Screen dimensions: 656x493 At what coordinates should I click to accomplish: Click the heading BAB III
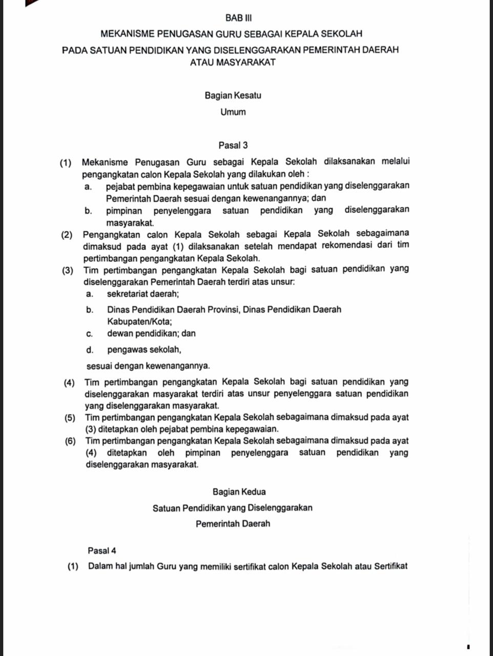pyautogui.click(x=239, y=18)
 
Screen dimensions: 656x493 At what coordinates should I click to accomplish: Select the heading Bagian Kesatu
pyautogui.click(x=233, y=95)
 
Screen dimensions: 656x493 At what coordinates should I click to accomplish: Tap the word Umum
pyautogui.click(x=233, y=112)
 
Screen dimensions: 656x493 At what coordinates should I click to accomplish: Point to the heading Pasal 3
pyautogui.click(x=233, y=146)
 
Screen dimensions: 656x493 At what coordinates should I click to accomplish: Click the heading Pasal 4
pyautogui.click(x=102, y=551)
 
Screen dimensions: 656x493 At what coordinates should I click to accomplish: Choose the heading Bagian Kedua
pyautogui.click(x=239, y=492)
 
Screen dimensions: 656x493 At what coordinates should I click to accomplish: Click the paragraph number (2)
pyautogui.click(x=67, y=235)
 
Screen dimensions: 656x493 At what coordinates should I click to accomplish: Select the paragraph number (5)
pyautogui.click(x=71, y=418)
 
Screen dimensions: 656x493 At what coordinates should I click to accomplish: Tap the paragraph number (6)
pyautogui.click(x=71, y=441)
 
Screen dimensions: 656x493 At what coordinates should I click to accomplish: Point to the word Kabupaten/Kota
pyautogui.click(x=139, y=322)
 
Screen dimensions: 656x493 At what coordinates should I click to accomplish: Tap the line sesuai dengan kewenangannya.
pyautogui.click(x=148, y=366)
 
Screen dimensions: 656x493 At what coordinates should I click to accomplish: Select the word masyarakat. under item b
pyautogui.click(x=130, y=223)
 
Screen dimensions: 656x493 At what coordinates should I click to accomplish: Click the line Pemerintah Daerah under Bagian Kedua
pyautogui.click(x=233, y=524)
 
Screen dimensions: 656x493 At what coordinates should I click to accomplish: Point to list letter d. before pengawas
pyautogui.click(x=90, y=350)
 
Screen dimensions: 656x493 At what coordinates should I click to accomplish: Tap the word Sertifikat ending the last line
pyautogui.click(x=391, y=566)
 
